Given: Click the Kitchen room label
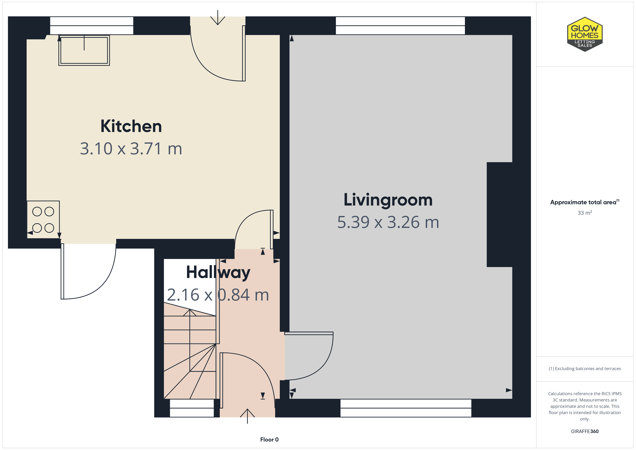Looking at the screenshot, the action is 131,126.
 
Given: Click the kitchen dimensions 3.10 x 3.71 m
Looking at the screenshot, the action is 131,149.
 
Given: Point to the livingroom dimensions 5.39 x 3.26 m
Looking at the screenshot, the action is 388,222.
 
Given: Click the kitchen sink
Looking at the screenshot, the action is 84,50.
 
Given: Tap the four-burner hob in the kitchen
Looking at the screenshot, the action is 43,219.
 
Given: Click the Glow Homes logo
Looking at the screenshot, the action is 585,34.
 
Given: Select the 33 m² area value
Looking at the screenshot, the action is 585,213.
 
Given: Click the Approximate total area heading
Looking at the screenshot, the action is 585,202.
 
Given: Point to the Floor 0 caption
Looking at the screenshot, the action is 269,440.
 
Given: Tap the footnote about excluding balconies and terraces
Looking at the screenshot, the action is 585,369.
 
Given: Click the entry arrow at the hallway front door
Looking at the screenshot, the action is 247,416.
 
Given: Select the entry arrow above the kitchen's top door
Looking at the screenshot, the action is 218,17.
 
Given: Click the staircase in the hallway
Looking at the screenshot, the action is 190,350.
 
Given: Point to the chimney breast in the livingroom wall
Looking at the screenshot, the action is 499,215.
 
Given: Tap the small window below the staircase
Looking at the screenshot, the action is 192,408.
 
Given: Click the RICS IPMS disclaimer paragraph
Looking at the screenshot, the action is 585,406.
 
